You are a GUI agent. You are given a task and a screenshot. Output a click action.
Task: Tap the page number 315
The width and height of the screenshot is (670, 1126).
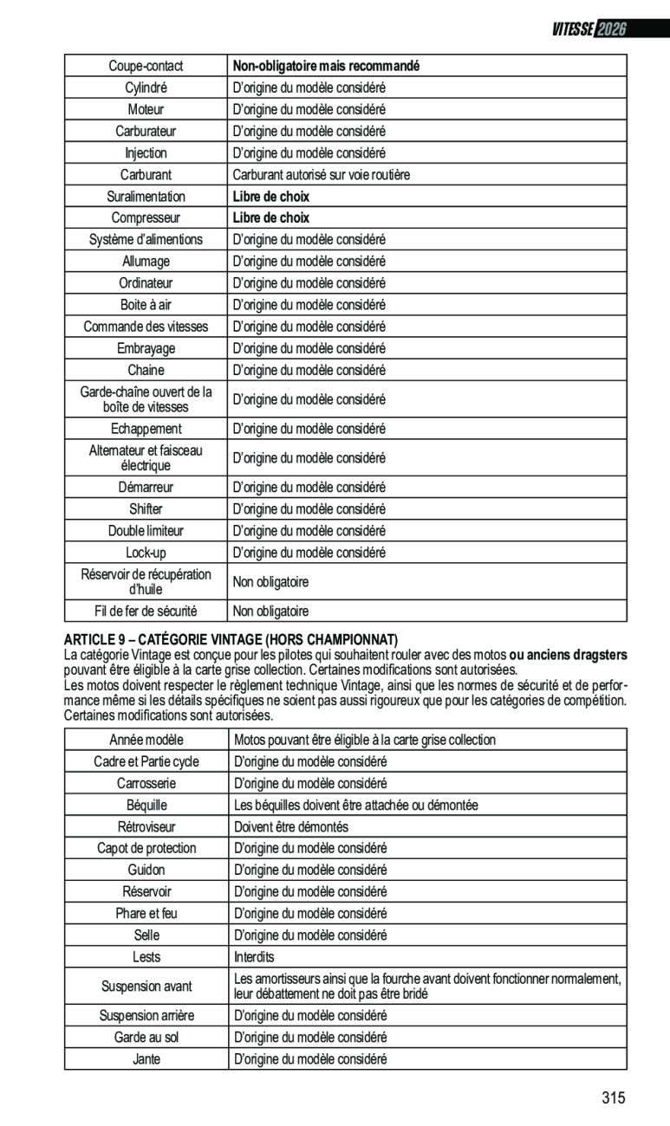coord(613,1098)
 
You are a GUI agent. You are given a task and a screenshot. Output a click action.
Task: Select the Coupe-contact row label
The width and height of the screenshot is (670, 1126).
coord(146,66)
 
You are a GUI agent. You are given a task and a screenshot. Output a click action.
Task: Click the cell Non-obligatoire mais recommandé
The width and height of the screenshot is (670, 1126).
coord(326,66)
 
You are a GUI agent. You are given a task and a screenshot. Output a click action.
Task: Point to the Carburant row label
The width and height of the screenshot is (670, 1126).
coord(146,174)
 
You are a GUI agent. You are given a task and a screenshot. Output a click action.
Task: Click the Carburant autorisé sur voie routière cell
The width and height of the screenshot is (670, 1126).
coord(321,174)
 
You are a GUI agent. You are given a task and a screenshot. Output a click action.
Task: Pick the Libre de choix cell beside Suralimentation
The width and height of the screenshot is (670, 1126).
coord(270,197)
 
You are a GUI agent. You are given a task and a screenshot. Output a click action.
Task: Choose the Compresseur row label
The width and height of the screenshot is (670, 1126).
coord(146,218)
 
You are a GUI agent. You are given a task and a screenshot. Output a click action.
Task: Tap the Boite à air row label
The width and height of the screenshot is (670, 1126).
coord(146,305)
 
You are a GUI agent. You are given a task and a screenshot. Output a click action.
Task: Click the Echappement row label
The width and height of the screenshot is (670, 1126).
coord(146,429)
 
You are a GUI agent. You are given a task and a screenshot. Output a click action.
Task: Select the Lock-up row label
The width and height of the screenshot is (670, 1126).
coord(146,553)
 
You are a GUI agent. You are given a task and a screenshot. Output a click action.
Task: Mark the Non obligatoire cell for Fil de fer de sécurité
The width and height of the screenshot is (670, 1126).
coord(270,612)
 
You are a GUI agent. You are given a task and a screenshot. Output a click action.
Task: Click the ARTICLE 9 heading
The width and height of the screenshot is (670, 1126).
coord(231,638)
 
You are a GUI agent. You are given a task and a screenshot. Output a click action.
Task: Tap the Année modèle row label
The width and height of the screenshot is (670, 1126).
coord(146,740)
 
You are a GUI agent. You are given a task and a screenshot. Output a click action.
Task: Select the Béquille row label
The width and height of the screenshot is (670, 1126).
coord(146,806)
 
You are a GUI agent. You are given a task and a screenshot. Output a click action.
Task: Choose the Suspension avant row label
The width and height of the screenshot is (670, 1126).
coord(146,987)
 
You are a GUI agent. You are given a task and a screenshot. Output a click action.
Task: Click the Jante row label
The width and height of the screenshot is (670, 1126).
coord(146,1058)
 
